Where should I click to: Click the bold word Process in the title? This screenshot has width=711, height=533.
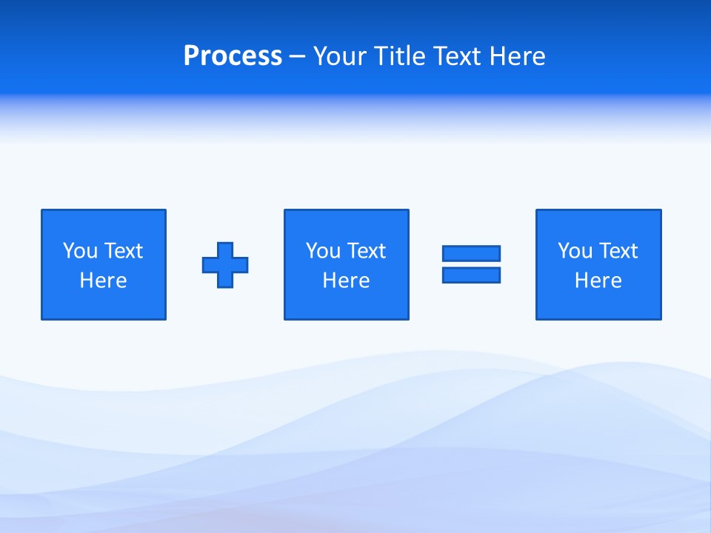tap(233, 56)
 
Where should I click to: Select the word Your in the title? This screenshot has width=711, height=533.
tap(338, 56)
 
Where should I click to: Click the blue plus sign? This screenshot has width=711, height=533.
tap(225, 265)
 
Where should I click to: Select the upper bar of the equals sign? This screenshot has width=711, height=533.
tap(471, 253)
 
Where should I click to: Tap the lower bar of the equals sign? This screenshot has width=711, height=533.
tap(471, 275)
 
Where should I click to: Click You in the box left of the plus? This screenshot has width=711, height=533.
tap(79, 251)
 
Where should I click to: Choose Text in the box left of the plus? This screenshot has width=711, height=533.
tap(122, 251)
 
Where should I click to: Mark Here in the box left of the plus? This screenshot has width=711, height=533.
tap(103, 281)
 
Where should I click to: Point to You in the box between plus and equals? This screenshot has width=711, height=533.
tap(322, 251)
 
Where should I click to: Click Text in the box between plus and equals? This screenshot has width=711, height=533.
tap(365, 251)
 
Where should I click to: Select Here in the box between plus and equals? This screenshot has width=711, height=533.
tap(346, 281)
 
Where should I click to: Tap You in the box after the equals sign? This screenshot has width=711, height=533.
tap(574, 251)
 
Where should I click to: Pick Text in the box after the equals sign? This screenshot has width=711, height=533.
tap(617, 251)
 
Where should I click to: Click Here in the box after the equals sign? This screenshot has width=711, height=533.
tap(598, 281)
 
